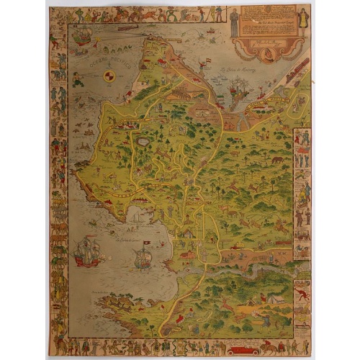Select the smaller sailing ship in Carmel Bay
click(143, 258)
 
